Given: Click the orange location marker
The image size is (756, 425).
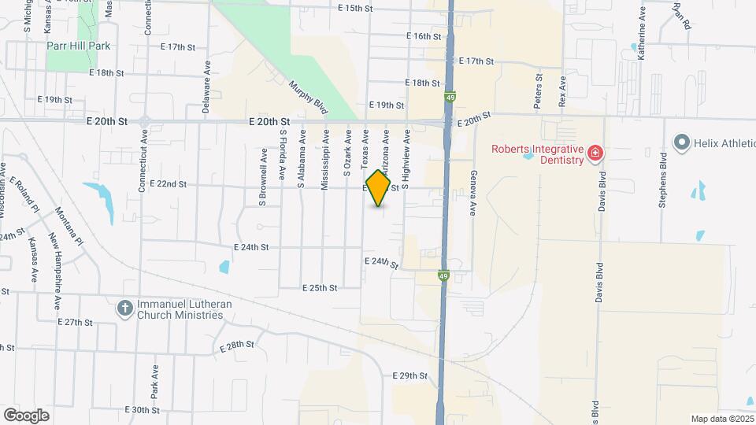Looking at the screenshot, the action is [379, 188].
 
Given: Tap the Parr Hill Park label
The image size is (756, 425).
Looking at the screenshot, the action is [78, 46].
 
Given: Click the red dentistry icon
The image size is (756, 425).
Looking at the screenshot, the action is [597, 151].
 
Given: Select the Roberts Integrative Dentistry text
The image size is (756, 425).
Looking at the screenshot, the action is [537, 155].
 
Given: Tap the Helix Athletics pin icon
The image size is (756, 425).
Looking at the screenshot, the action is [680, 142].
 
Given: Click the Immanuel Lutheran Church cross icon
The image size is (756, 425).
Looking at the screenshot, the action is [124, 308].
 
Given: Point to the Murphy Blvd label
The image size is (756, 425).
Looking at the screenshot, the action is [307, 97].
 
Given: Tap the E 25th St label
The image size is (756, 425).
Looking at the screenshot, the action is [320, 288].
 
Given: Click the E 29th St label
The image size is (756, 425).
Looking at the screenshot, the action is [409, 376].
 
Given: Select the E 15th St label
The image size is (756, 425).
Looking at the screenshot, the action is [354, 9].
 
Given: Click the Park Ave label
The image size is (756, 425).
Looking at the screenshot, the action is [156, 379].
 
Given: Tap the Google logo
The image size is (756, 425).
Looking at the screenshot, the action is [26, 416].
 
